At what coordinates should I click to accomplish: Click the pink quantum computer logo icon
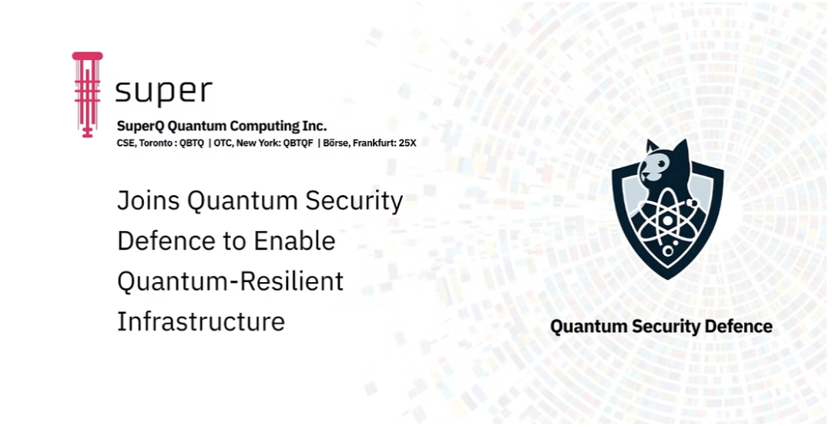click(87, 95)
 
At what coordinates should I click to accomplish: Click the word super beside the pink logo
click(163, 91)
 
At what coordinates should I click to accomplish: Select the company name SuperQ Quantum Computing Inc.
click(222, 126)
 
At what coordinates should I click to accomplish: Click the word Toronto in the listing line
click(156, 143)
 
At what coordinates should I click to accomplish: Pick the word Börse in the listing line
click(336, 143)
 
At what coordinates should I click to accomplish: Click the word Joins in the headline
click(149, 201)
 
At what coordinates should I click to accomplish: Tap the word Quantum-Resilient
click(230, 281)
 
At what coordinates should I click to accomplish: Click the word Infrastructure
click(200, 321)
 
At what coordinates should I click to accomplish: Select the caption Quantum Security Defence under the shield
click(661, 326)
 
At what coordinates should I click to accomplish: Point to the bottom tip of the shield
click(667, 279)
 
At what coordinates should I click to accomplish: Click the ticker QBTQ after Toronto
click(192, 143)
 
